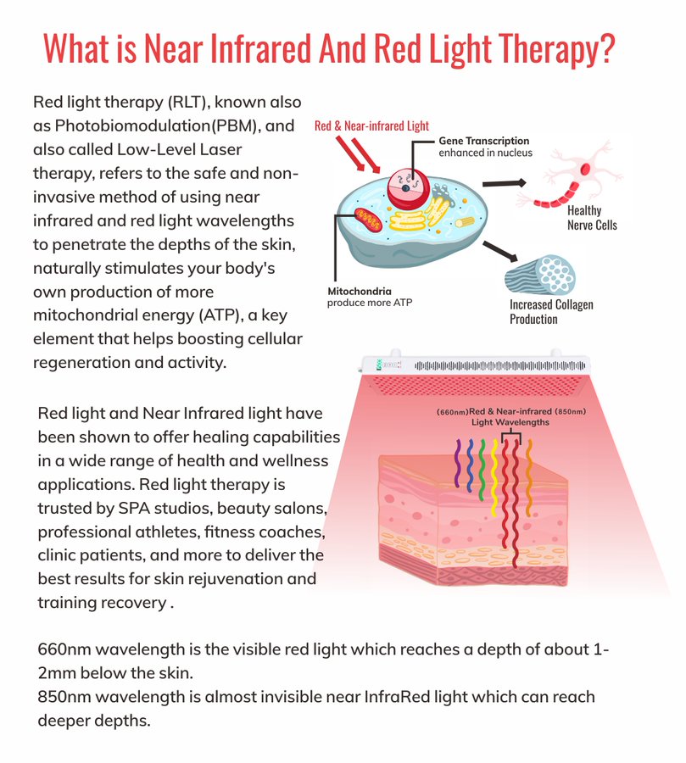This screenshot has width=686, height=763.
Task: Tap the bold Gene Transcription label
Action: (x=483, y=141)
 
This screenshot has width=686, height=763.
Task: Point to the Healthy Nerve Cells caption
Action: (x=592, y=219)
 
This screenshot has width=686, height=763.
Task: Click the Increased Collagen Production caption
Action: (x=550, y=311)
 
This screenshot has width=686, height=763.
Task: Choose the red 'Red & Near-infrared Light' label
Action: (x=371, y=126)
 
